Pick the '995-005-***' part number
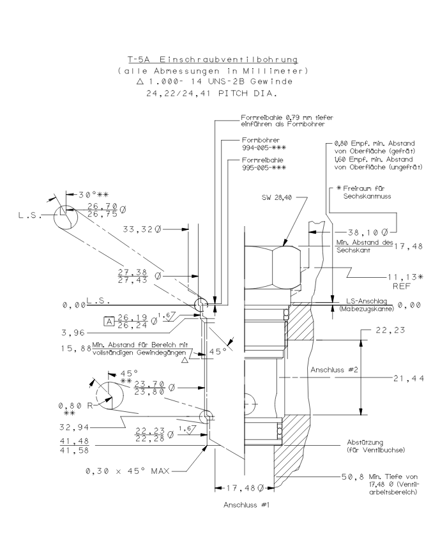point(264,169)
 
